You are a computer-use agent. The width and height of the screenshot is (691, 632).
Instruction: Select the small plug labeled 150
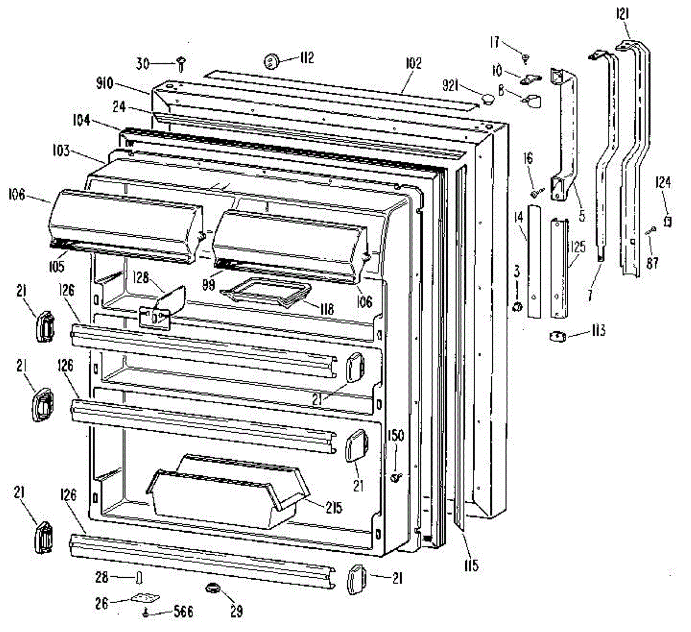point(395,477)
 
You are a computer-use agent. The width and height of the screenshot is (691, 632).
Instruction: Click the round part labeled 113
point(557,336)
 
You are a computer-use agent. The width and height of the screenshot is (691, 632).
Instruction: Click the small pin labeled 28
point(139,577)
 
